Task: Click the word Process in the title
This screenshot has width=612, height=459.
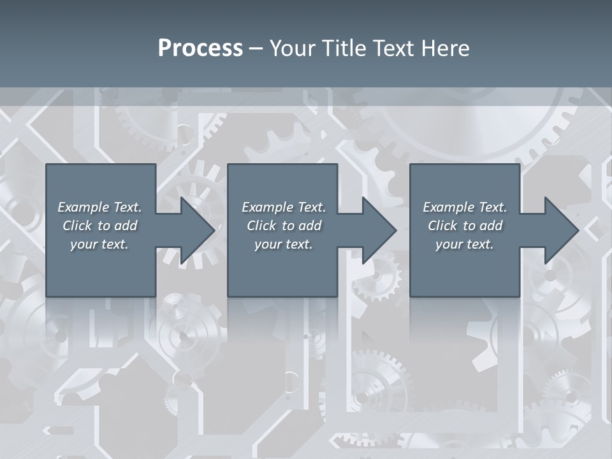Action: [x=200, y=48]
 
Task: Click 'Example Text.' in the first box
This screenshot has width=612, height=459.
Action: [x=99, y=207]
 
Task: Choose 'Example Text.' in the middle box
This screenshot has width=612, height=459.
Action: [x=284, y=207]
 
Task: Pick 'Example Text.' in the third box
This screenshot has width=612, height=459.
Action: [x=465, y=207]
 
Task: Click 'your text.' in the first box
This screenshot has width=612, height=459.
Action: [x=99, y=244]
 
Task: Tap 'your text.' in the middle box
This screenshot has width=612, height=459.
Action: [x=284, y=244]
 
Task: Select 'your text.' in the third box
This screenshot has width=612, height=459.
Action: [x=465, y=244]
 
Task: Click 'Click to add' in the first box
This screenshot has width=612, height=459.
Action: [x=99, y=226]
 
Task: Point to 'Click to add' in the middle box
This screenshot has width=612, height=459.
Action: [x=284, y=226]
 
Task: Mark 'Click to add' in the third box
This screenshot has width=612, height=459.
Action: [x=465, y=226]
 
